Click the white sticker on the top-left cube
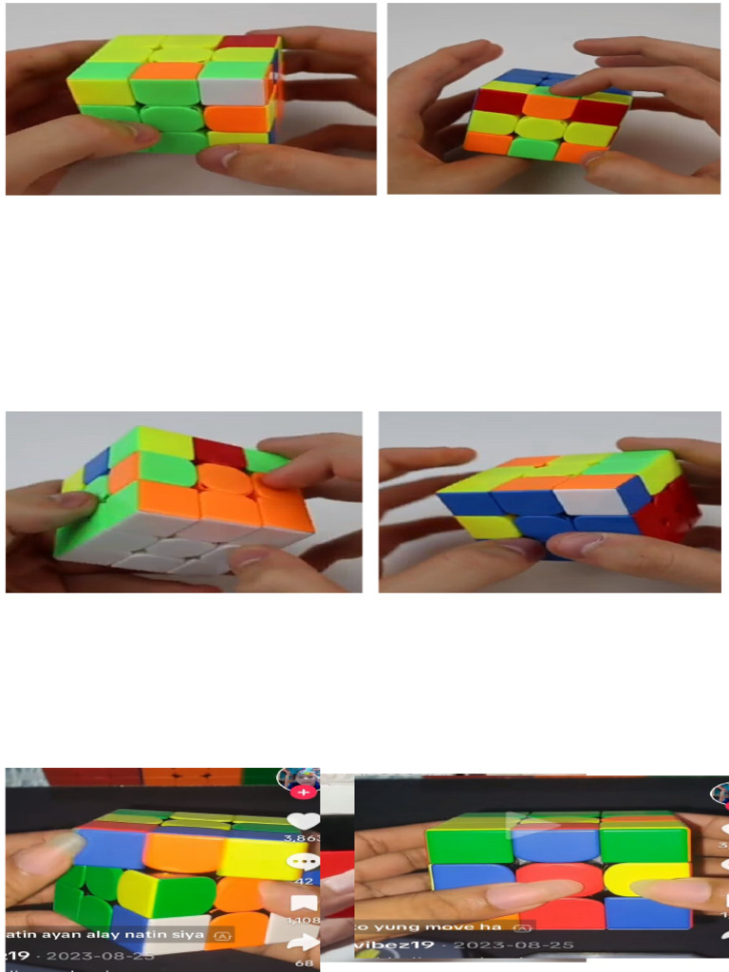point(234,85)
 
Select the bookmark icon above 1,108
point(304,904)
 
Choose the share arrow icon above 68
point(304,944)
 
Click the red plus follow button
point(304,791)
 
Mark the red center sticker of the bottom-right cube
point(560,881)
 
